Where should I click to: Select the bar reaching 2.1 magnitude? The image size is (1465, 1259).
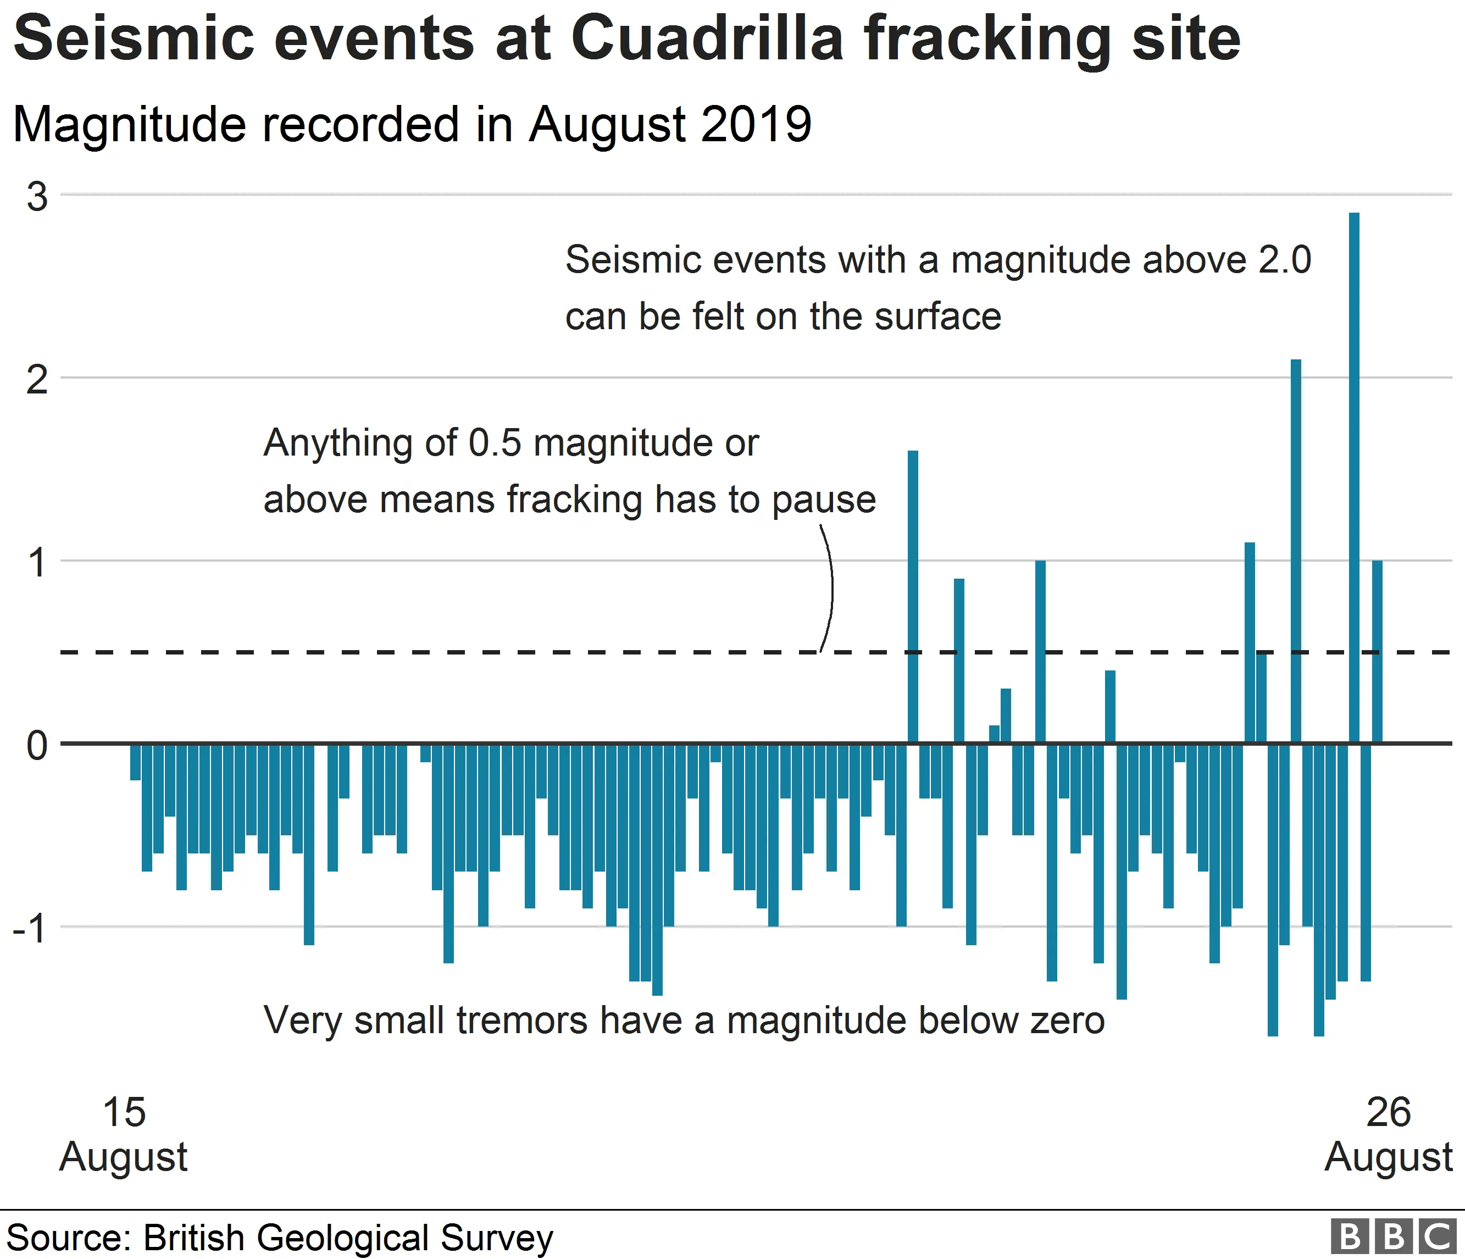pos(1296,551)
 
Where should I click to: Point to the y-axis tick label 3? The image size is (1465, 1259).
pos(37,197)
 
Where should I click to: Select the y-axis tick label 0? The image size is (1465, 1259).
pos(37,745)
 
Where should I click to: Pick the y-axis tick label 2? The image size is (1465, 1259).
pos(37,380)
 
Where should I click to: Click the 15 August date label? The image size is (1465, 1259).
pos(124,1134)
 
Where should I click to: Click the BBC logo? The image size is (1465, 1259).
pos(1393,1236)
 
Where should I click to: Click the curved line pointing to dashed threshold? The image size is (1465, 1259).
pos(830,587)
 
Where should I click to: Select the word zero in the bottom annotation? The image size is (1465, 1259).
pos(1067,1020)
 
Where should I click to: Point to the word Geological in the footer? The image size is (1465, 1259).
pos(343,1238)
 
